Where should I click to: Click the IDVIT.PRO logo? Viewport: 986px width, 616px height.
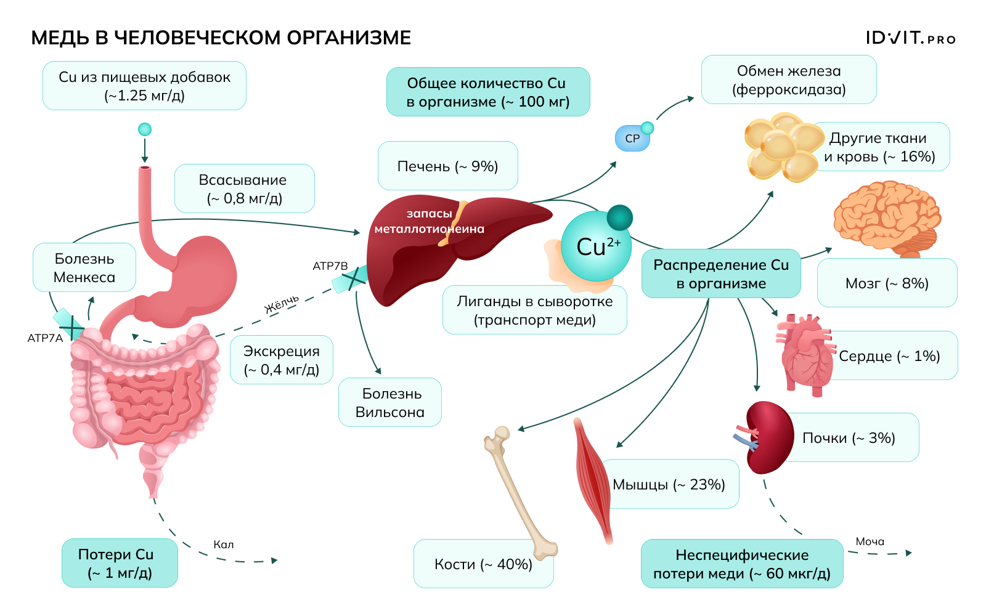(910, 38)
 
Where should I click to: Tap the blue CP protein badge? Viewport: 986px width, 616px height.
(632, 139)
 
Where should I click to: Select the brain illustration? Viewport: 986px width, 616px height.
(887, 216)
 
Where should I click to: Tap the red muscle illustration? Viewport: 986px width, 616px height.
(593, 480)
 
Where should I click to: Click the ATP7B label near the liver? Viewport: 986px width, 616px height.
(330, 266)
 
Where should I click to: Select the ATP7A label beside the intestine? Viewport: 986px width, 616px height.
(45, 338)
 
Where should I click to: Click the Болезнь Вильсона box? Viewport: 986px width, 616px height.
(390, 402)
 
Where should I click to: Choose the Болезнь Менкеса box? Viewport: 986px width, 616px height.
(84, 267)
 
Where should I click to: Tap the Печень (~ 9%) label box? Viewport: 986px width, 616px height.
(447, 166)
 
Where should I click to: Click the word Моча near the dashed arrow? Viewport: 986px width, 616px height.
(870, 541)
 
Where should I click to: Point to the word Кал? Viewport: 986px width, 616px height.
(223, 545)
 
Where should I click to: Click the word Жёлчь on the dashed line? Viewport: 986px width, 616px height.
(282, 304)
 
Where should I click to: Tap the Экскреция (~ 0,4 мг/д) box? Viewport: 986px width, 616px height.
(282, 360)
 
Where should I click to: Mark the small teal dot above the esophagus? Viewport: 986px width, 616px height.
(145, 129)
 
